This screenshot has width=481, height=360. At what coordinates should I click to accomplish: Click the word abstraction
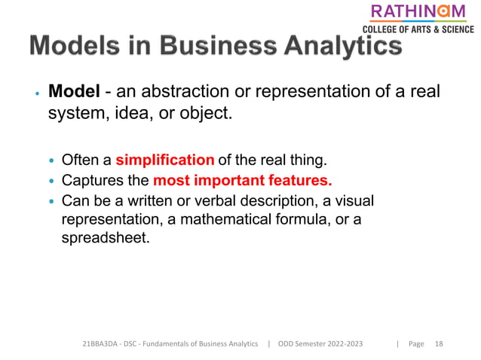point(191,92)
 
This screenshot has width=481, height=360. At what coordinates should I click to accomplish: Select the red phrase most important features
point(242,181)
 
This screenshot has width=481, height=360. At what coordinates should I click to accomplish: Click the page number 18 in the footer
point(439,343)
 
